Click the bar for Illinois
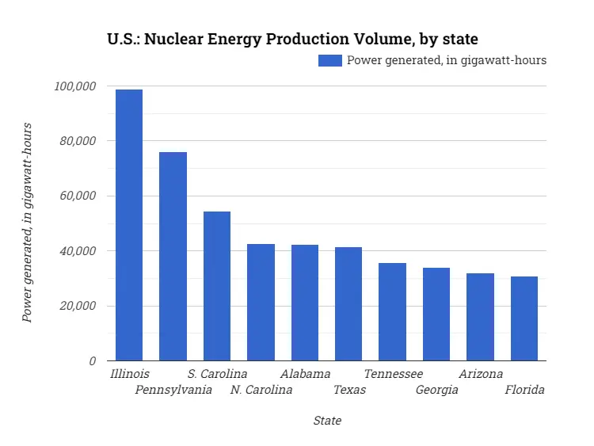tap(129, 225)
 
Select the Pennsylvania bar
tap(173, 256)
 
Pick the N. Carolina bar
tap(261, 302)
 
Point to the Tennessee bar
tap(392, 311)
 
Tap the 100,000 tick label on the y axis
tap(74, 86)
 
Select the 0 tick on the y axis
tap(93, 361)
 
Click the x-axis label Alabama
tap(305, 374)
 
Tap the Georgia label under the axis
tap(436, 390)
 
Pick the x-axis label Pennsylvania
tap(173, 390)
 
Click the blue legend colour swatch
tap(330, 60)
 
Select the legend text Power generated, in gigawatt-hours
tap(447, 60)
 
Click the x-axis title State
tap(327, 421)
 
